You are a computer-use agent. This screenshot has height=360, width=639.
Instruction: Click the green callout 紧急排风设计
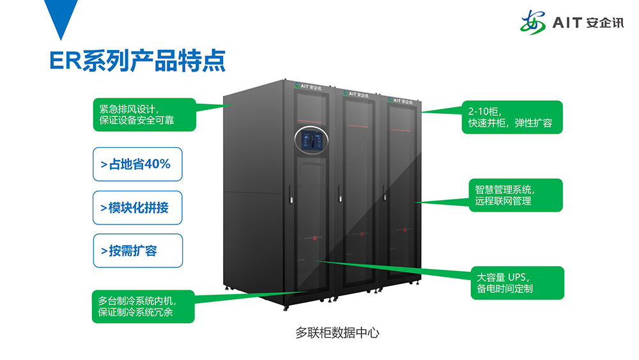142,114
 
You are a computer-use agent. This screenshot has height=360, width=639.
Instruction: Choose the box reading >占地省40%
137,164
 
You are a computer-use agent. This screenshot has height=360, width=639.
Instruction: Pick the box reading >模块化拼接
137,208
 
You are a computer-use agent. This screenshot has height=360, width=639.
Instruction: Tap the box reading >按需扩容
137,251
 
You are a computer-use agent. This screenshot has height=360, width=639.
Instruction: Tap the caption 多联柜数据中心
337,333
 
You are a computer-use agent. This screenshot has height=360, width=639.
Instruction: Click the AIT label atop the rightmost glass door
401,100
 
